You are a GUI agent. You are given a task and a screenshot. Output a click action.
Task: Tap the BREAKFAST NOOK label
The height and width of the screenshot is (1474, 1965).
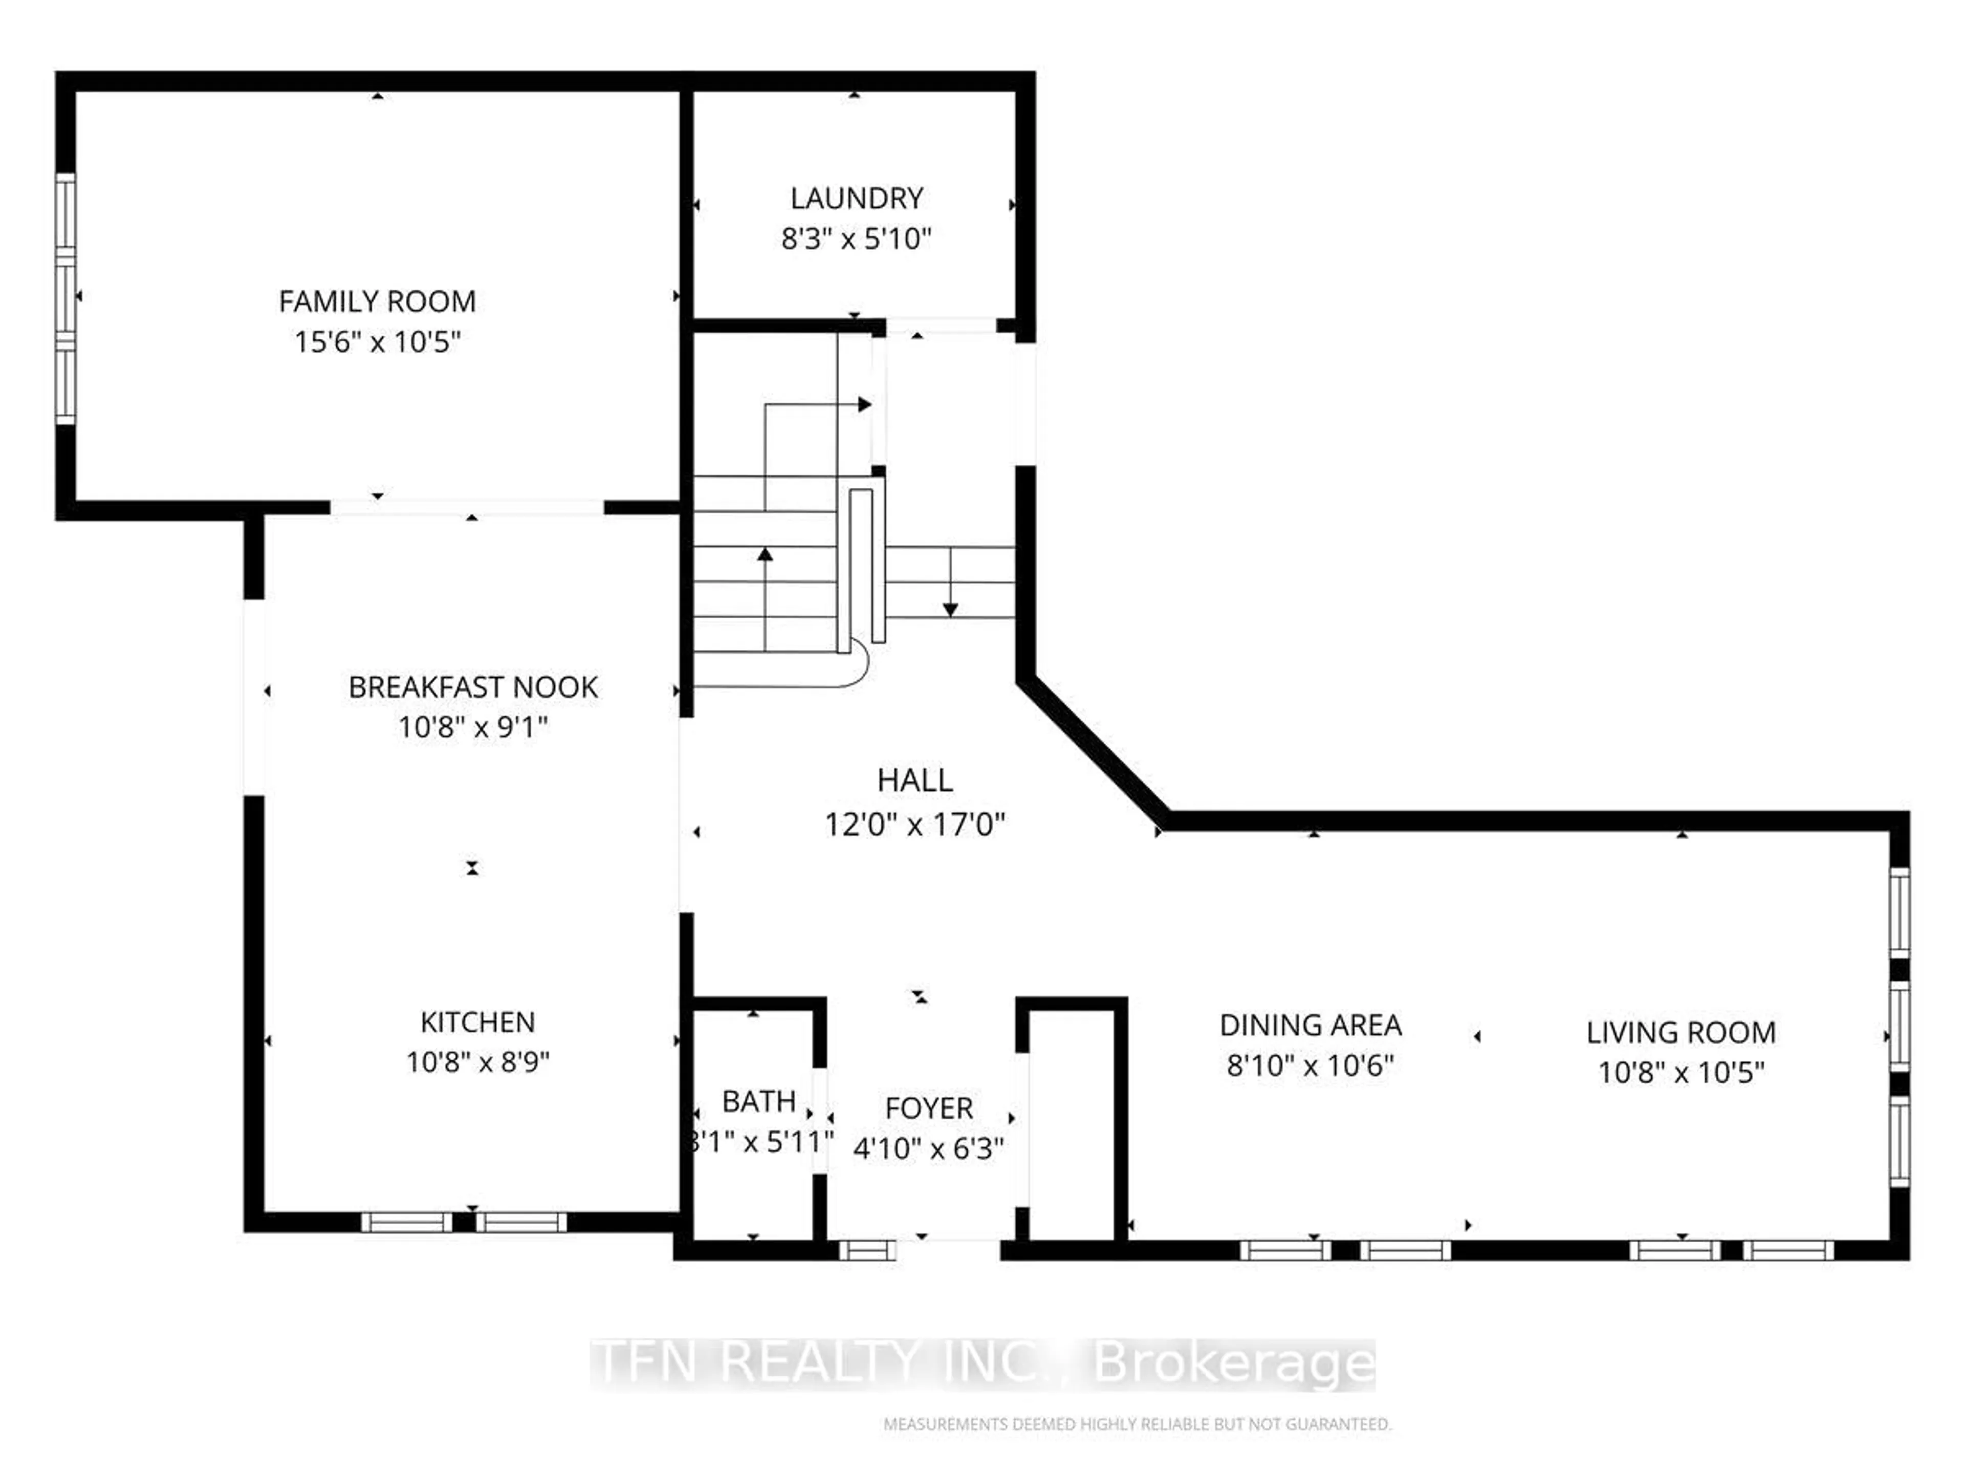pyautogui.click(x=473, y=687)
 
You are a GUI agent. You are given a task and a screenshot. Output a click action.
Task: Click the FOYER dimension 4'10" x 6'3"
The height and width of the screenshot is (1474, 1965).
pyautogui.click(x=928, y=1148)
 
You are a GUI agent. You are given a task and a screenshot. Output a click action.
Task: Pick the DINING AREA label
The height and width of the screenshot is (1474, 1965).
pyautogui.click(x=1311, y=1025)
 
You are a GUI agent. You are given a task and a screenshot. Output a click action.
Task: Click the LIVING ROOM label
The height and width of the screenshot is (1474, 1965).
pyautogui.click(x=1680, y=1032)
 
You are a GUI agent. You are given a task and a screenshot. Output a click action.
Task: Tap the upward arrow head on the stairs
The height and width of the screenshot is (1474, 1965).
pyautogui.click(x=765, y=554)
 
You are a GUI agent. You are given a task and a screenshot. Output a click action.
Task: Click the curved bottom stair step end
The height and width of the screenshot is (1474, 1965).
pyautogui.click(x=857, y=666)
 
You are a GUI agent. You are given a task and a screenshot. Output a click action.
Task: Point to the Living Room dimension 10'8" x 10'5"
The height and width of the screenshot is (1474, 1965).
pyautogui.click(x=1680, y=1072)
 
